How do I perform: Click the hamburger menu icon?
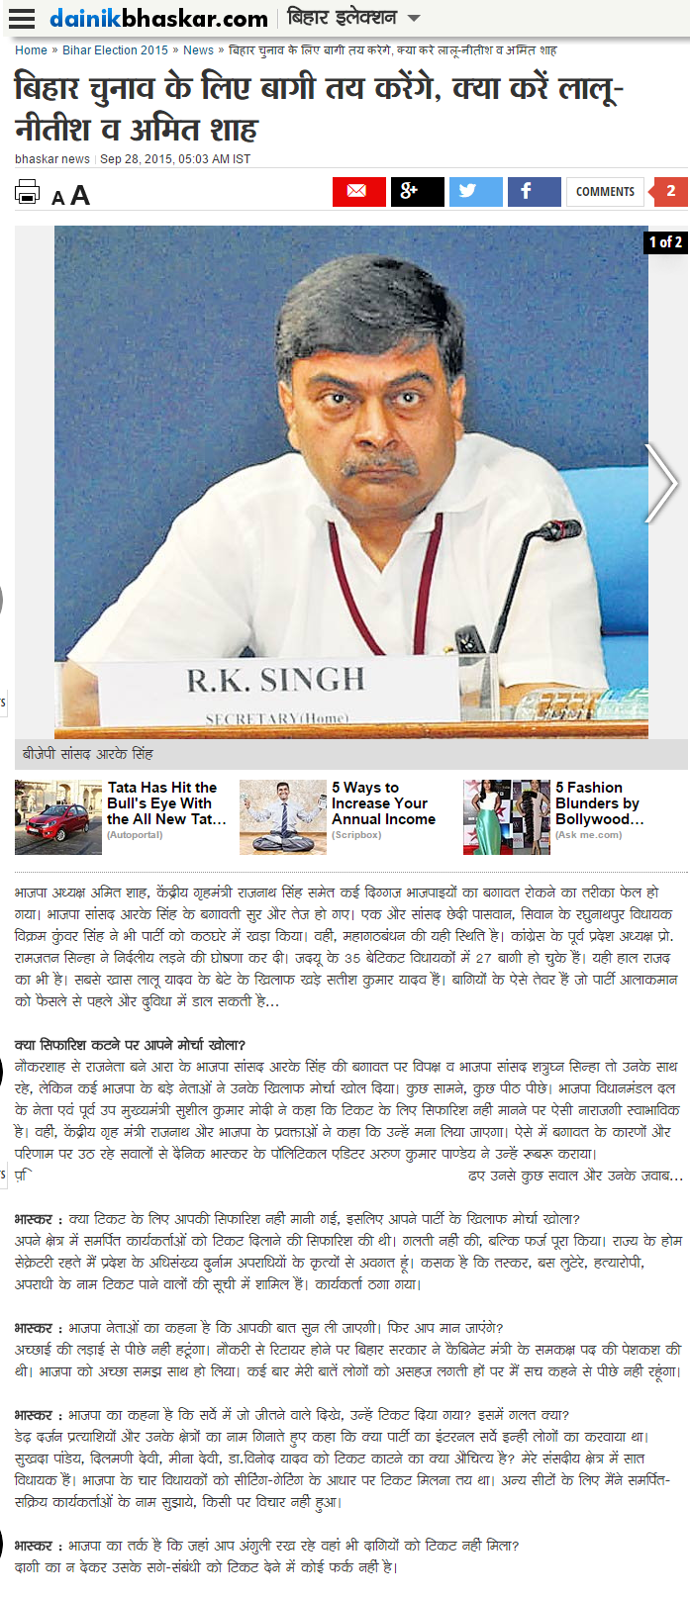(x=22, y=19)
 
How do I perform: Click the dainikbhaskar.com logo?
(x=158, y=19)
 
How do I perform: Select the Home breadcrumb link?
(x=31, y=50)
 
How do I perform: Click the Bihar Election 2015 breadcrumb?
(x=116, y=50)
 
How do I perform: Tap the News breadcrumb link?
(x=198, y=50)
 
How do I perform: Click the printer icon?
(x=28, y=192)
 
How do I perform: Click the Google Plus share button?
(x=417, y=191)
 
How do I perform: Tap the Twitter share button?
(x=475, y=191)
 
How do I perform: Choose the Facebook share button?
(x=534, y=191)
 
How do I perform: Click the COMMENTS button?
(x=605, y=192)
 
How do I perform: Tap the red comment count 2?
(x=670, y=191)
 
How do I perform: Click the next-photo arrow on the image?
(x=660, y=483)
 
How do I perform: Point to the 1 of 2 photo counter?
(x=665, y=241)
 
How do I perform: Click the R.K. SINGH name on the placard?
(x=276, y=680)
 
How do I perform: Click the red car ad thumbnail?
(x=58, y=817)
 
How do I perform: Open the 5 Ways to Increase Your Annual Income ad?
(x=383, y=803)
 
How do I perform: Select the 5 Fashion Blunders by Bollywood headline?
(x=599, y=803)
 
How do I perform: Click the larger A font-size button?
(x=80, y=195)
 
